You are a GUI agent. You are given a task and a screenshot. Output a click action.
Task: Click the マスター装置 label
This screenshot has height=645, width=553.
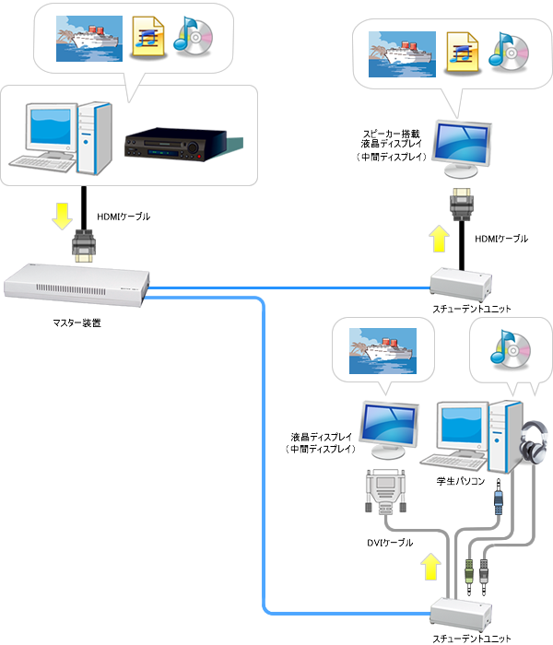point(76,322)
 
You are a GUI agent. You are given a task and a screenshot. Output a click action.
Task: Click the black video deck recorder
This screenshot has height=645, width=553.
point(174,145)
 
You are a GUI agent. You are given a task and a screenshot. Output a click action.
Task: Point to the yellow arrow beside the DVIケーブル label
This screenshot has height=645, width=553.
point(428,567)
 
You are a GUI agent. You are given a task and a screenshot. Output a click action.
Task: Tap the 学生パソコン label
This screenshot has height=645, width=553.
point(461,480)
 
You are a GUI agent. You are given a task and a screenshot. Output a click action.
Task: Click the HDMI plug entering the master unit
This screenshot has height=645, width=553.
point(85,247)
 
